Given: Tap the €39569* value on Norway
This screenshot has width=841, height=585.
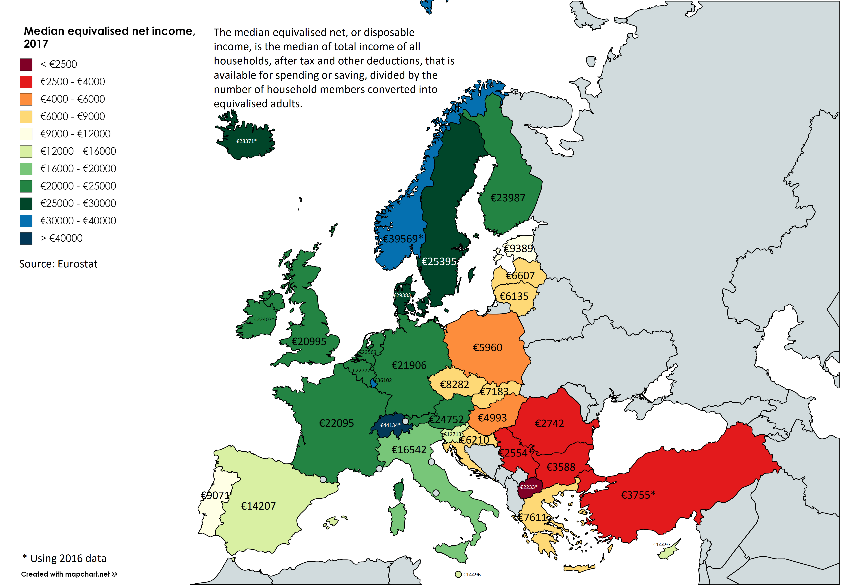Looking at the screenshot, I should point(403,239).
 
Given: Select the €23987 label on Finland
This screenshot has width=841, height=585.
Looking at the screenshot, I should point(508,198).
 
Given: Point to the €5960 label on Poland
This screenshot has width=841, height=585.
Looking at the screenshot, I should point(488,347).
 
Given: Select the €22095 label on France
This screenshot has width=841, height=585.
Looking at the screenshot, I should point(336,423).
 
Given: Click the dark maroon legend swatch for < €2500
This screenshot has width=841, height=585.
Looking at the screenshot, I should point(26,64).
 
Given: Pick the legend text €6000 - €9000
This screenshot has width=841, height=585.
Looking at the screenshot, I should point(73,116).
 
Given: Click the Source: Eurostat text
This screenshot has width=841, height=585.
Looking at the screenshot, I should point(58,264).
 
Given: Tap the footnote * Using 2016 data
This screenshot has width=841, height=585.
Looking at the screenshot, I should point(64,558).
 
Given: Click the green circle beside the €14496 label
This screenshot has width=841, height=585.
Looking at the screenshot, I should point(458,574).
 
